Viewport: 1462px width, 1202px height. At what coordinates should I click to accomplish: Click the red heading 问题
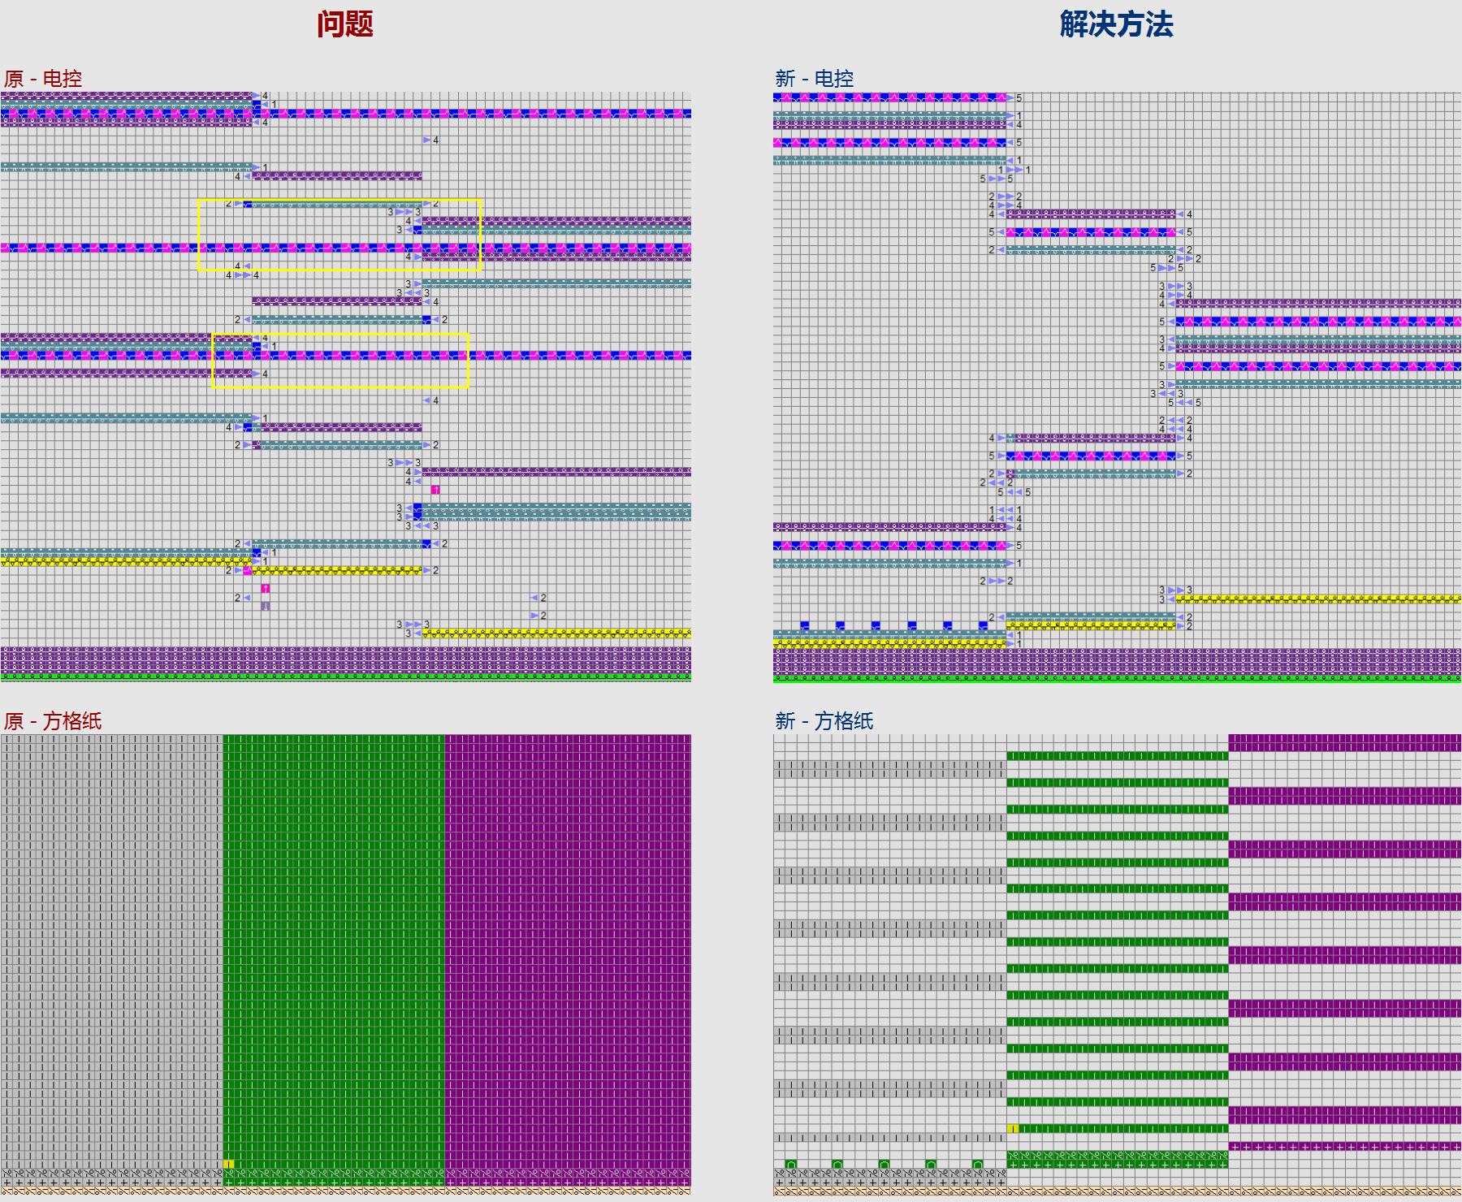tap(344, 24)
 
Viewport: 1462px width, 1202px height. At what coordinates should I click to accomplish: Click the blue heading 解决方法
tap(1116, 24)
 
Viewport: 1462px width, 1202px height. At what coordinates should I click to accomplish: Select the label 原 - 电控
tap(43, 79)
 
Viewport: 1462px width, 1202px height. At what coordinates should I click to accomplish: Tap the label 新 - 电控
tap(814, 79)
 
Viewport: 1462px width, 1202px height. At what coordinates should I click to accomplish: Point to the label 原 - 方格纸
tap(53, 720)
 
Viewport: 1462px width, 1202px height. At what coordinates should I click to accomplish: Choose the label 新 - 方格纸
tap(824, 720)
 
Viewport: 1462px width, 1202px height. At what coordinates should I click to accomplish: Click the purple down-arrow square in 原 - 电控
tap(266, 606)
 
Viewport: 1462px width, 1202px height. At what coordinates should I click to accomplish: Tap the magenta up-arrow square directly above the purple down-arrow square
tap(266, 588)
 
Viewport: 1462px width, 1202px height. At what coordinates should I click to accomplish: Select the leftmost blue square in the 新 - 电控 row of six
tap(805, 625)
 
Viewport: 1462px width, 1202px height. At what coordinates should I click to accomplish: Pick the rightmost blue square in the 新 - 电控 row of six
tap(983, 625)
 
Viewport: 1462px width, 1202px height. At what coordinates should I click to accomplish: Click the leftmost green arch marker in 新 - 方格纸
tap(791, 1164)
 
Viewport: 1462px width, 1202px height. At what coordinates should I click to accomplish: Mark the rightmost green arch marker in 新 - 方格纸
tap(977, 1164)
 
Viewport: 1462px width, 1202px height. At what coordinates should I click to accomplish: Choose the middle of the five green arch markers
tap(884, 1164)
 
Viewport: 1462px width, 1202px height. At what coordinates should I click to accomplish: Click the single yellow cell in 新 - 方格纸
tap(1012, 1129)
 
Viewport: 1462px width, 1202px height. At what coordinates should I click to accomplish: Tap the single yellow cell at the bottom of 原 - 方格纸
tap(228, 1164)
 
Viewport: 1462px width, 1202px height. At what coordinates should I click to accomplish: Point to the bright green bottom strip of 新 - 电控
tap(1117, 678)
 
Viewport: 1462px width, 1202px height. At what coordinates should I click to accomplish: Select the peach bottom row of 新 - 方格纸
tap(1117, 1191)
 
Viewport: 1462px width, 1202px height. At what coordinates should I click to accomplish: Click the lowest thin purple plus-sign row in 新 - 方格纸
tap(1344, 1146)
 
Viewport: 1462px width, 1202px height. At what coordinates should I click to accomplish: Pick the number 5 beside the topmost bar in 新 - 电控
tap(1019, 97)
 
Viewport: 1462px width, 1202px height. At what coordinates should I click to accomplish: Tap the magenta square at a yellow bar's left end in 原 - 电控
tap(248, 570)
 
